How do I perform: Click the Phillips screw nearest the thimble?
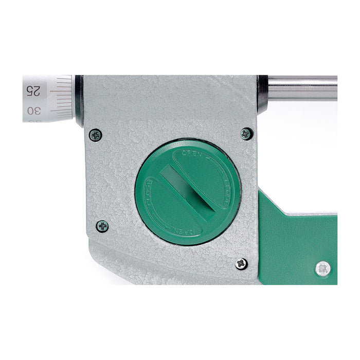pyautogui.click(x=95, y=135)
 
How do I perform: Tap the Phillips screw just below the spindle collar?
pyautogui.click(x=246, y=134)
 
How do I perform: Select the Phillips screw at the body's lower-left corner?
pyautogui.click(x=102, y=226)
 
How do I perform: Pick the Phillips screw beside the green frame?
pyautogui.click(x=241, y=264)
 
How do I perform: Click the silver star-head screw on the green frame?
pyautogui.click(x=322, y=268)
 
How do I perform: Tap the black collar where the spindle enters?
pyautogui.click(x=262, y=94)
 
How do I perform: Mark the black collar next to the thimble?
pyautogui.click(x=79, y=100)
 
